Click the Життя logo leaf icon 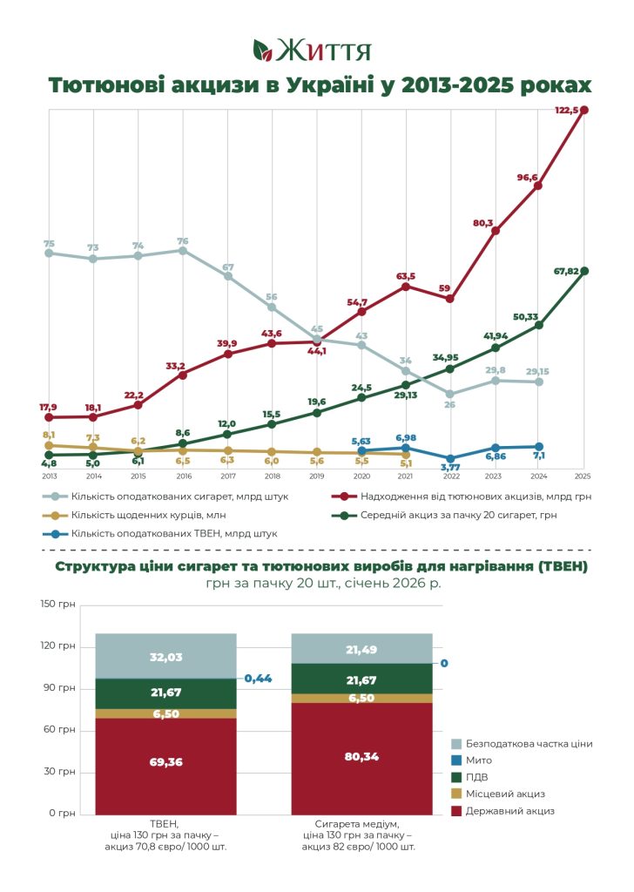click(x=263, y=50)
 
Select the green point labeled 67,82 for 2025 click(x=584, y=272)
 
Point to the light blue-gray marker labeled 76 click(x=183, y=250)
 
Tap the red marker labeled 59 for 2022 click(x=450, y=299)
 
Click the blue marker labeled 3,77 click(x=450, y=458)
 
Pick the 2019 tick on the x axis click(x=317, y=476)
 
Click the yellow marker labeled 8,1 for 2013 click(x=49, y=445)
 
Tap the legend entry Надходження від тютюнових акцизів click(x=462, y=497)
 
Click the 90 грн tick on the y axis click(x=58, y=688)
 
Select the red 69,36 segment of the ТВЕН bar click(x=166, y=767)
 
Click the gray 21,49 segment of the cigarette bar click(x=361, y=648)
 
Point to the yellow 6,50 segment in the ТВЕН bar click(x=166, y=713)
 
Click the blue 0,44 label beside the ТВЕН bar click(x=258, y=678)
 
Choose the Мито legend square click(x=456, y=760)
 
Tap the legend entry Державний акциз click(x=502, y=811)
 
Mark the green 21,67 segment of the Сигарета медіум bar click(x=361, y=679)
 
